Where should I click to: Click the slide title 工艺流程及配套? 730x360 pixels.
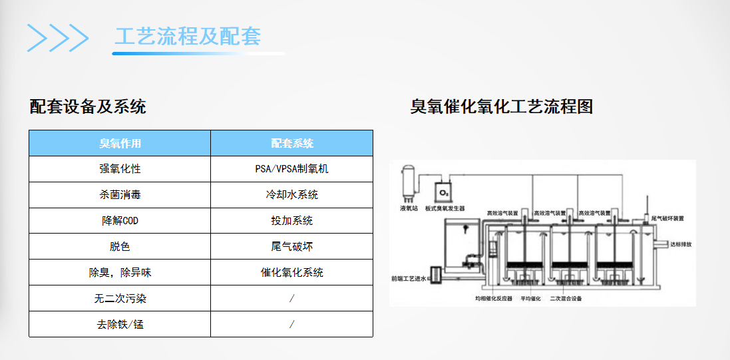pyautogui.click(x=187, y=36)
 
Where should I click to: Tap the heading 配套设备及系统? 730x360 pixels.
pyautogui.click(x=88, y=106)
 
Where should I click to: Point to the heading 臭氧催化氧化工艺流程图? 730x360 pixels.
pyautogui.click(x=501, y=106)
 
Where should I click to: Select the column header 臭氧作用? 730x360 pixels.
pyautogui.click(x=120, y=143)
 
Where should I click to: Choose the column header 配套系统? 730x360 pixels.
pyautogui.click(x=291, y=143)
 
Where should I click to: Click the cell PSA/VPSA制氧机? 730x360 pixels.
pyautogui.click(x=291, y=169)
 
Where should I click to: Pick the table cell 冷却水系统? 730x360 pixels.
pyautogui.click(x=291, y=195)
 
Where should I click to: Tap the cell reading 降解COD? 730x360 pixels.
pyautogui.click(x=120, y=221)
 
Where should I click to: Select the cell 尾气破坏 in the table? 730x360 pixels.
pyautogui.click(x=291, y=247)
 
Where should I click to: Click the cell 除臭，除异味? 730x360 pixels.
pyautogui.click(x=120, y=273)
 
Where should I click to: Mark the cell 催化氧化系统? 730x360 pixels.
pyautogui.click(x=291, y=273)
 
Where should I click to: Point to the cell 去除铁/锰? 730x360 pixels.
pyautogui.click(x=120, y=325)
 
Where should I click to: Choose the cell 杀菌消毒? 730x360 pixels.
pyautogui.click(x=120, y=195)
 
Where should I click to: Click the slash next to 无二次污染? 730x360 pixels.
pyautogui.click(x=291, y=299)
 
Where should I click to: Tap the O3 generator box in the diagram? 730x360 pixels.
pyautogui.click(x=444, y=192)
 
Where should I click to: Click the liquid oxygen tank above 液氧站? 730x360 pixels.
pyautogui.click(x=407, y=182)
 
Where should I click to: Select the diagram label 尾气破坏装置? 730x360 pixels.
pyautogui.click(x=667, y=218)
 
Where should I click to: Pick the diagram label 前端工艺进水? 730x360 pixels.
pyautogui.click(x=409, y=279)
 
